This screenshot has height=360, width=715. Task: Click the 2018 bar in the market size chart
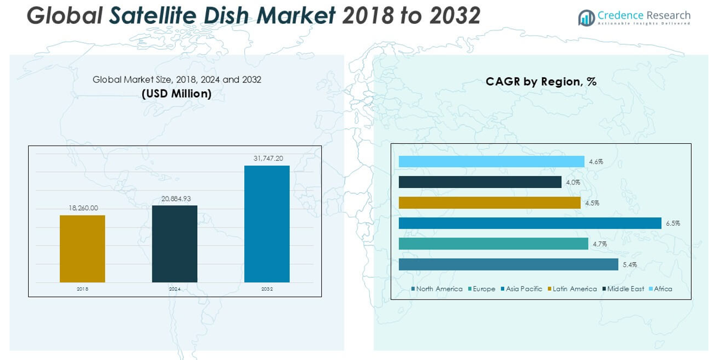pyautogui.click(x=82, y=248)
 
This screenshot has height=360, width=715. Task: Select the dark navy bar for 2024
pyautogui.click(x=174, y=244)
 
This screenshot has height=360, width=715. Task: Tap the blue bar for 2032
pyautogui.click(x=267, y=224)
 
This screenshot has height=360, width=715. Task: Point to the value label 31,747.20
pyautogui.click(x=267, y=158)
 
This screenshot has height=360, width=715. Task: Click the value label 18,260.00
pyautogui.click(x=82, y=208)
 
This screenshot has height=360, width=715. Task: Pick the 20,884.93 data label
pyautogui.click(x=174, y=198)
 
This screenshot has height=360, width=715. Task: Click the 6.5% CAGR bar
pyautogui.click(x=530, y=223)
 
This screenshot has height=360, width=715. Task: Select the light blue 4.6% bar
pyautogui.click(x=491, y=161)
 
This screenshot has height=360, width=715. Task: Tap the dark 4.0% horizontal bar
pyautogui.click(x=480, y=182)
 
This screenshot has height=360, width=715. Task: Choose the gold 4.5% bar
pyautogui.click(x=489, y=203)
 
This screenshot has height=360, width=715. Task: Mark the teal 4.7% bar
pyautogui.click(x=493, y=244)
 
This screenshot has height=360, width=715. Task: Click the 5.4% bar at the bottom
pyautogui.click(x=508, y=264)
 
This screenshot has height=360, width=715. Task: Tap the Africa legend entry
pyautogui.click(x=662, y=289)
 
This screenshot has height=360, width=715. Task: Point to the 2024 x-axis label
pyautogui.click(x=174, y=289)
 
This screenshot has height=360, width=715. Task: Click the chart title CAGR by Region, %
pyautogui.click(x=541, y=82)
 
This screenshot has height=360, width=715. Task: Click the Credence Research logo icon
pyautogui.click(x=586, y=18)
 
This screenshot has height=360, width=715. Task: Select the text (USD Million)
pyautogui.click(x=176, y=94)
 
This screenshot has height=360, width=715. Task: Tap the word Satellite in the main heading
pyautogui.click(x=162, y=16)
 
